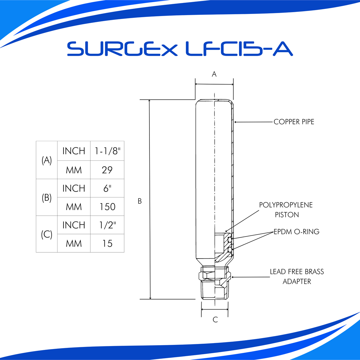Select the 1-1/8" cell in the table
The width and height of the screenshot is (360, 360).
coord(107,151)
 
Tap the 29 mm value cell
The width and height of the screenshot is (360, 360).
coord(107,170)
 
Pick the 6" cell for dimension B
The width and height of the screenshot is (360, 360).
coord(107,188)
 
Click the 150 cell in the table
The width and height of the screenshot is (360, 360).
coord(107,207)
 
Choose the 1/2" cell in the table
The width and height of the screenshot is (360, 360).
coord(107,225)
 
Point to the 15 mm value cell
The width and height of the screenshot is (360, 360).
coord(107,243)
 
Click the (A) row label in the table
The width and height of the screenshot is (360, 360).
coord(47,160)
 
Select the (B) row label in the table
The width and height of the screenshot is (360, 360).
coord(47,197)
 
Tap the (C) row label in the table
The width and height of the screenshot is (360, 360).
coord(47,234)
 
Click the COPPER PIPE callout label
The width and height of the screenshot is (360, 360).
coord(294,122)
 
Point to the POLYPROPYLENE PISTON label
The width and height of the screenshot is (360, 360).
coord(286,210)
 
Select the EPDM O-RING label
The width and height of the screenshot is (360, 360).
coord(296,232)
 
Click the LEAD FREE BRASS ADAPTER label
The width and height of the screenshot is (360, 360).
coord(297,276)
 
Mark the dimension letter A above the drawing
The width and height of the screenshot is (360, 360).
coord(214,74)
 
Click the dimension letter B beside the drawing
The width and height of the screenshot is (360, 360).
coord(140,201)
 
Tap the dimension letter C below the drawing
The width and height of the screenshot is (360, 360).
coord(215,320)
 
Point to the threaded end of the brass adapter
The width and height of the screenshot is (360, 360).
coord(215,291)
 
